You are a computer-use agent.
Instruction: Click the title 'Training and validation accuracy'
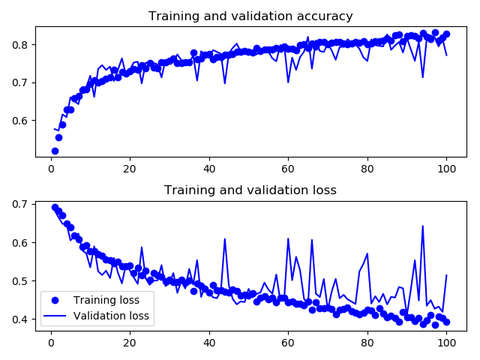click(x=250, y=16)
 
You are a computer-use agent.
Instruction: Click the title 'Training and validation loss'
click(x=250, y=190)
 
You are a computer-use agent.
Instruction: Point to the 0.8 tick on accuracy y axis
click(x=22, y=45)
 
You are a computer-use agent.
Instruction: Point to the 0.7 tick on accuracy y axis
click(x=22, y=82)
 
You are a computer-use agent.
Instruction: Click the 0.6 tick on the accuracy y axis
click(x=22, y=120)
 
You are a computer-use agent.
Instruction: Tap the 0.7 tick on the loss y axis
click(x=22, y=204)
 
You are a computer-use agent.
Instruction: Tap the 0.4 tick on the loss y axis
click(x=22, y=319)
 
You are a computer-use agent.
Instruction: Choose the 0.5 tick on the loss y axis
click(x=22, y=281)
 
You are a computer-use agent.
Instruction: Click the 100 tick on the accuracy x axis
click(x=446, y=169)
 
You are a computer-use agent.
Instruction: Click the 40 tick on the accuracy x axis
click(x=209, y=169)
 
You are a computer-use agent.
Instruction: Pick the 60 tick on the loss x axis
click(x=288, y=343)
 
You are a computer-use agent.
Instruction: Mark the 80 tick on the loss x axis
click(x=367, y=343)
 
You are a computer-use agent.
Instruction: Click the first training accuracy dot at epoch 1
click(x=55, y=151)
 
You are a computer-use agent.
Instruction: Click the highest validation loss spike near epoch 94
click(x=422, y=226)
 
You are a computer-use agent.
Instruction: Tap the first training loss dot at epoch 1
click(x=55, y=207)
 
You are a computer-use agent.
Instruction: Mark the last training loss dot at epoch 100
click(x=446, y=322)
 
